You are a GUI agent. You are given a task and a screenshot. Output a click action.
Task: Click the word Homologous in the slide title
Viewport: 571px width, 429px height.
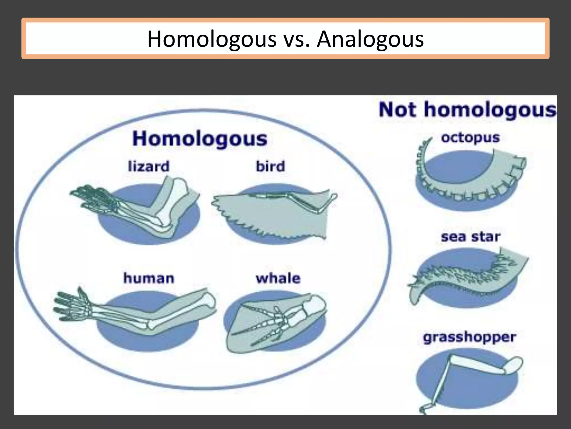click(x=212, y=39)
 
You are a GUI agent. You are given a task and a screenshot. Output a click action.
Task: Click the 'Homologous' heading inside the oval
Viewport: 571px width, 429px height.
click(x=200, y=139)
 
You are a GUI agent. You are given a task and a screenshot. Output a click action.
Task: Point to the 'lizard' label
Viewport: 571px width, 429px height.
click(x=149, y=166)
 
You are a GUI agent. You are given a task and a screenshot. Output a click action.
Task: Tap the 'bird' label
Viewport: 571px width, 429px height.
click(x=270, y=166)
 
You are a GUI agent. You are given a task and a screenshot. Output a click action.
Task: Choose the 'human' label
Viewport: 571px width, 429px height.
click(x=149, y=278)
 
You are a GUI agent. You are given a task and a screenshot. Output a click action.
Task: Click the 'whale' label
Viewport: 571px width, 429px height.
click(x=278, y=278)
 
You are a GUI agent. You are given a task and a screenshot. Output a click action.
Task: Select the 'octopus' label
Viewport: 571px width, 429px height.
click(x=470, y=138)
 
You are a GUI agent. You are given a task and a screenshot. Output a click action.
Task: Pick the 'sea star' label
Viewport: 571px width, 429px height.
click(x=471, y=237)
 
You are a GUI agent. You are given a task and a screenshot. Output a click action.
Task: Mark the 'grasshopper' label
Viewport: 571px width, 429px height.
click(x=470, y=337)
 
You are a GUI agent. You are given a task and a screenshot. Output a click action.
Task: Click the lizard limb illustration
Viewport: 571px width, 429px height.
click(x=139, y=207)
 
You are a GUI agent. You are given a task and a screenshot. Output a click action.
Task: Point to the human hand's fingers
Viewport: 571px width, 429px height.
click(x=67, y=304)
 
